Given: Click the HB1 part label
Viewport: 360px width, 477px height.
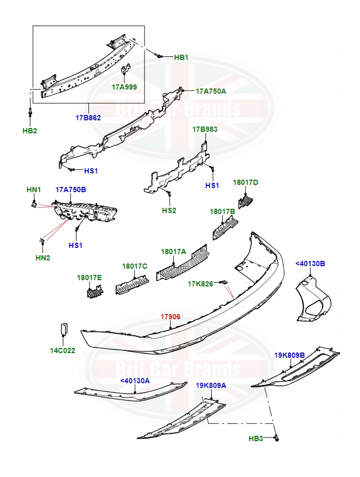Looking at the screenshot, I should pos(181,57).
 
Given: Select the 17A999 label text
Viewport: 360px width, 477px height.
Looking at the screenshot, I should pos(124,87).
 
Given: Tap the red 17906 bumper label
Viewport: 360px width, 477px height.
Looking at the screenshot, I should pos(170,317).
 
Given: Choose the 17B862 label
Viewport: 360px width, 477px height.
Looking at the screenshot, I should pos(88,118).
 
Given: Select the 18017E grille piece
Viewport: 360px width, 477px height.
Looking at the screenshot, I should pos(93,293).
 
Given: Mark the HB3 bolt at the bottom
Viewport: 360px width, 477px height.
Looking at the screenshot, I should pos(277,439).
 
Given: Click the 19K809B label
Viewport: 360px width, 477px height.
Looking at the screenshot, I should pos(289,355).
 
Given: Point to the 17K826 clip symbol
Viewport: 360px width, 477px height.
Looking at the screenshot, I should pos(224,282).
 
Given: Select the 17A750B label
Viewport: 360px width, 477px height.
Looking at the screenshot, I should pos(71,190).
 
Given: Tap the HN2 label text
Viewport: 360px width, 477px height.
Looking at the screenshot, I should pos(43,258).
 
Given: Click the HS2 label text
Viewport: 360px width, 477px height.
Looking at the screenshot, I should pos(169,210).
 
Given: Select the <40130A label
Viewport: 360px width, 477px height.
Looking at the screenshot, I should pos(135,381).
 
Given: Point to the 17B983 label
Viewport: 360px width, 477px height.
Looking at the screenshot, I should pos(205,129).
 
